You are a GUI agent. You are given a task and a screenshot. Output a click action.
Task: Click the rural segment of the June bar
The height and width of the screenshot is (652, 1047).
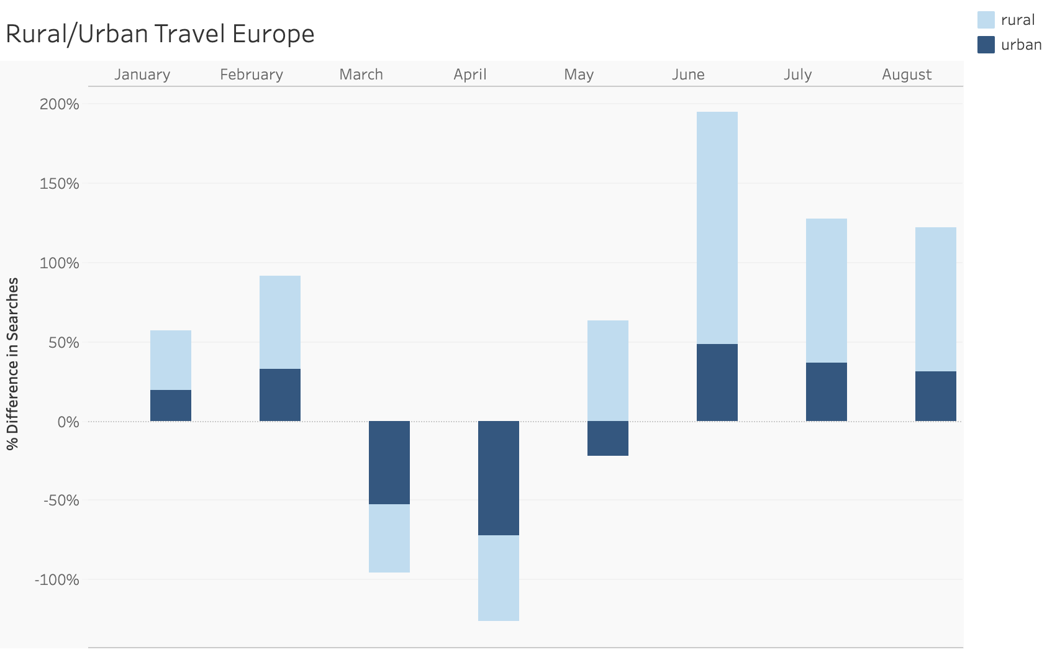[x=717, y=227]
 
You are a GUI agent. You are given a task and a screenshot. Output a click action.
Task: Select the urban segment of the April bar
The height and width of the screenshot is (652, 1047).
[x=498, y=478]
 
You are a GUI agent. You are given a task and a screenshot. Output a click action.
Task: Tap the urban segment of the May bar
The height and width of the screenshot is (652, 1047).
[x=607, y=438]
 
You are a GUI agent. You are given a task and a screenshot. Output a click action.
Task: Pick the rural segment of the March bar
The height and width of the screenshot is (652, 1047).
[x=389, y=538]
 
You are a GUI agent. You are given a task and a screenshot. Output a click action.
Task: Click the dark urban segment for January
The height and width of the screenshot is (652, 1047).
[x=170, y=405]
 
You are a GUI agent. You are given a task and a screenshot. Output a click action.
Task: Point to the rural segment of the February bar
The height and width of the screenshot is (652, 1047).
[x=279, y=322]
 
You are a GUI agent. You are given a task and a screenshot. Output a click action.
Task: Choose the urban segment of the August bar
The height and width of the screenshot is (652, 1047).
[x=935, y=396]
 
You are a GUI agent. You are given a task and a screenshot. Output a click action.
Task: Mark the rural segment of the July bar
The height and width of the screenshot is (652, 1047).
[x=826, y=290]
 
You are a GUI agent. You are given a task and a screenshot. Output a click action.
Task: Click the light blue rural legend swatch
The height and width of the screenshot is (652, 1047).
[x=986, y=20]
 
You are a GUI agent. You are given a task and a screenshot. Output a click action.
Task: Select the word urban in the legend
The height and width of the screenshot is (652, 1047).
[x=1021, y=45]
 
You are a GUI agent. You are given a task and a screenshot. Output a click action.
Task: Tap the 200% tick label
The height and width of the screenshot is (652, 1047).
[x=60, y=104]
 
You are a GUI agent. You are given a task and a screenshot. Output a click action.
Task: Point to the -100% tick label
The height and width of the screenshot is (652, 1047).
[x=57, y=580]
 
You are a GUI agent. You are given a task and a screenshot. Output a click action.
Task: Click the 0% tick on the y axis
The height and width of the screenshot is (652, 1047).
[x=68, y=422]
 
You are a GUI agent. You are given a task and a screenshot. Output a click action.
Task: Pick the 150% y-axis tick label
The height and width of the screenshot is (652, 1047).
[x=60, y=184]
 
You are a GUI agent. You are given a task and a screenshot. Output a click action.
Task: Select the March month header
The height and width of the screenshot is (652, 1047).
[x=361, y=75]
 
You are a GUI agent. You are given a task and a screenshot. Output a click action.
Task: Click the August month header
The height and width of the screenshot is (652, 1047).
[x=907, y=75]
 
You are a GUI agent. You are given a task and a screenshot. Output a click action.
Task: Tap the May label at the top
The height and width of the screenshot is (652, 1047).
[x=579, y=75]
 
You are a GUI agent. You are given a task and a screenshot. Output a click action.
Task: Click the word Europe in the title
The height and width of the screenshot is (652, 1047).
[x=273, y=34]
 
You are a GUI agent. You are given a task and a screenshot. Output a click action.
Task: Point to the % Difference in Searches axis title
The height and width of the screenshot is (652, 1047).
[x=12, y=363]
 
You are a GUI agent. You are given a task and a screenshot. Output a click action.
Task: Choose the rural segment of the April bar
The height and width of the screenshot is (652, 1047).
[x=498, y=577]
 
